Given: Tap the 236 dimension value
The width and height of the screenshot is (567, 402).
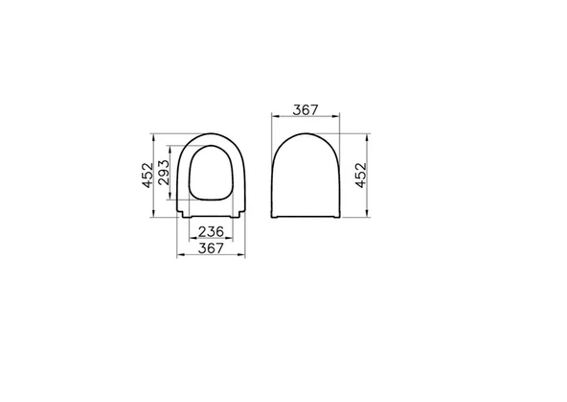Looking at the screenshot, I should (x=211, y=231).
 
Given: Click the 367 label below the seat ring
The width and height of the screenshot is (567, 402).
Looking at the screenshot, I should (x=211, y=248).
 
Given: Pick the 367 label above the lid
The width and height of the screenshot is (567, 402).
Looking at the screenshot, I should (x=306, y=110).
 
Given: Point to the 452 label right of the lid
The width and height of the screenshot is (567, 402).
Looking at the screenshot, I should (x=360, y=175).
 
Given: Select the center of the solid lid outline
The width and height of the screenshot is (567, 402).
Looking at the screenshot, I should (x=306, y=175).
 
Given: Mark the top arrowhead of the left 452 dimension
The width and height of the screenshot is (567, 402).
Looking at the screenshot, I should (x=158, y=134).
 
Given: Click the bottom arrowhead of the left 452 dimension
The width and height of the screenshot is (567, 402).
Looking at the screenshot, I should (x=158, y=218).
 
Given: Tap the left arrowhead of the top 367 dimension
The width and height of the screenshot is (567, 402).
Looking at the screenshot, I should (x=274, y=118).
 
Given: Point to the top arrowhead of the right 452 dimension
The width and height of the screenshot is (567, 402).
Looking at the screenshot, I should (x=368, y=134).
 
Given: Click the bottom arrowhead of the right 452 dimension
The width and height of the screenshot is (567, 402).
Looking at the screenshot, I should (x=368, y=218).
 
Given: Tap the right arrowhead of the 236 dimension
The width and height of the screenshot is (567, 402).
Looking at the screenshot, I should (x=230, y=239).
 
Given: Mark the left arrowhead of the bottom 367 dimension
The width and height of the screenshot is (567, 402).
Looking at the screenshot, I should (x=180, y=256).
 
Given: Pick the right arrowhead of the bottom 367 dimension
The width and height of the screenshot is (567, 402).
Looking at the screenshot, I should (x=243, y=256).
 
